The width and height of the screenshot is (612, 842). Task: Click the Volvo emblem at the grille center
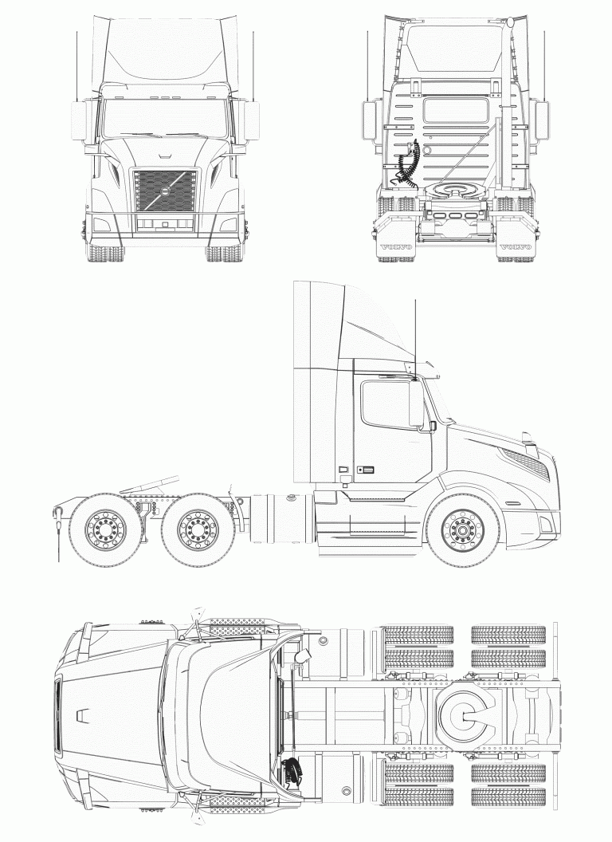tap(165, 191)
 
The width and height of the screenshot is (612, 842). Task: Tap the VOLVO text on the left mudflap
tap(396, 247)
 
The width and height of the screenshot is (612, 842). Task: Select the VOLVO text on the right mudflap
tap(516, 247)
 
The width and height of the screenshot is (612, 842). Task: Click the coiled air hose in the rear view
tap(407, 163)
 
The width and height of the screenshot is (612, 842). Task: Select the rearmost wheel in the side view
tap(105, 529)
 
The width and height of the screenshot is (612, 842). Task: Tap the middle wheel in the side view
tap(198, 529)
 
